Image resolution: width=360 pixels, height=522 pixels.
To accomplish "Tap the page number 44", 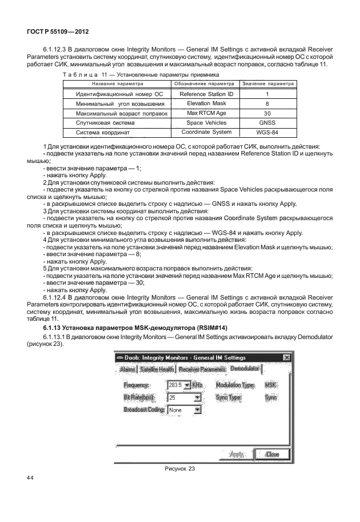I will coord(31,477).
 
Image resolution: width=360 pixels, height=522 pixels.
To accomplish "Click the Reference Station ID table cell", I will coord(206,94).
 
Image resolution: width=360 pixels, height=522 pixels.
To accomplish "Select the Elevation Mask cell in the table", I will coord(206,103).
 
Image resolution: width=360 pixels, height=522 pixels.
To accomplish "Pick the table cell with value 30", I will coord(267,113).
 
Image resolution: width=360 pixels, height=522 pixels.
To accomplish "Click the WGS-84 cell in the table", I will coord(267,133).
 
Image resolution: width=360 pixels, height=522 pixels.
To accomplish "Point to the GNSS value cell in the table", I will coord(267,123).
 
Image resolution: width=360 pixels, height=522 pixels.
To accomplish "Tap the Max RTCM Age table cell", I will coord(206,113).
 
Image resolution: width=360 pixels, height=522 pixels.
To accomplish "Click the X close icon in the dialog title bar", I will coord(286,357).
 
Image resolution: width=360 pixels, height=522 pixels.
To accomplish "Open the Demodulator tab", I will coord(245,369).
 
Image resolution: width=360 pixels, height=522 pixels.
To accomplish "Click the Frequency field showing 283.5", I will coord(175,385).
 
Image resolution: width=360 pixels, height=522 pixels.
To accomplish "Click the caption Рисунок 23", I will coord(180,468).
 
